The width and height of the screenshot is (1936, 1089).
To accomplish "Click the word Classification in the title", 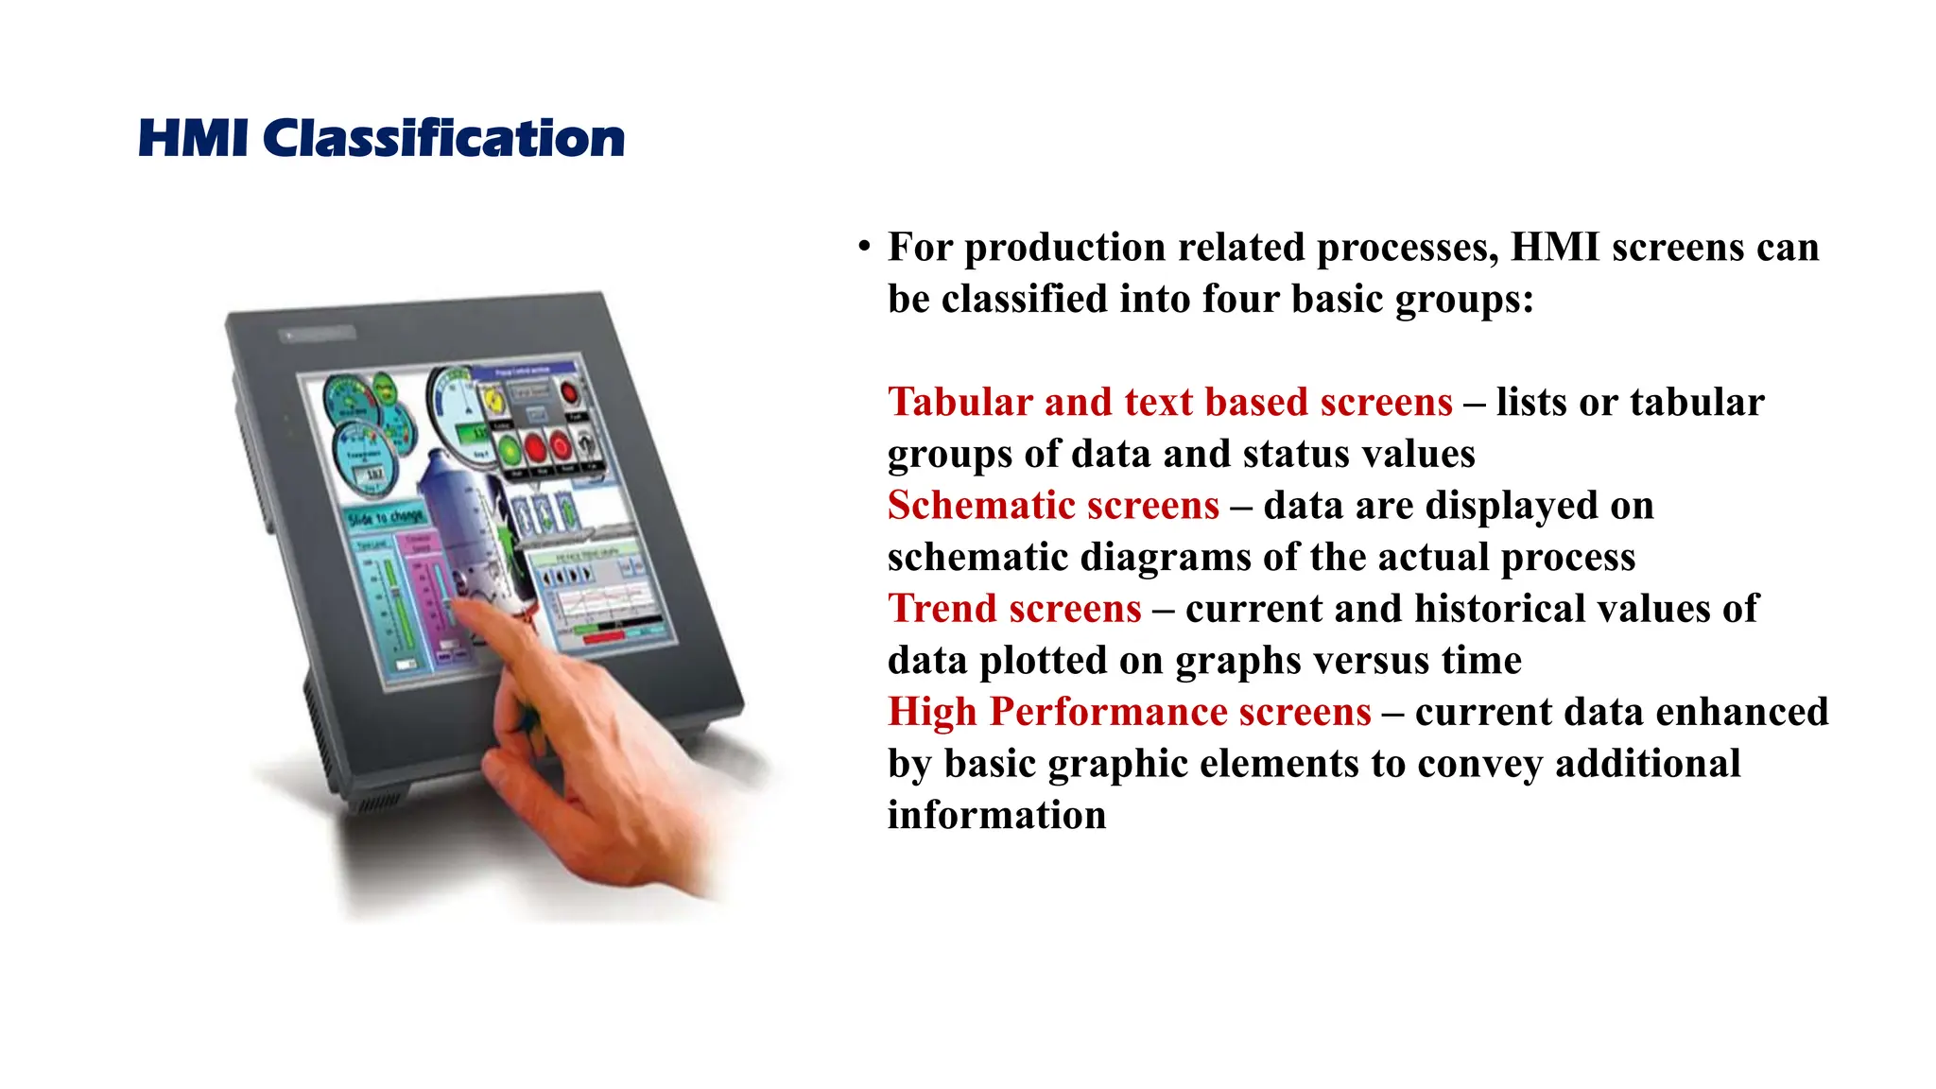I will pos(443,139).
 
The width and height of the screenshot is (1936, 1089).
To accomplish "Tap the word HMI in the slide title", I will pos(194,139).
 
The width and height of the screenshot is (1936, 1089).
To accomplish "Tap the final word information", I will pos(996,815).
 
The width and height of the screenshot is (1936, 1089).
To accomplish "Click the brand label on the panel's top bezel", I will pos(319,334).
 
